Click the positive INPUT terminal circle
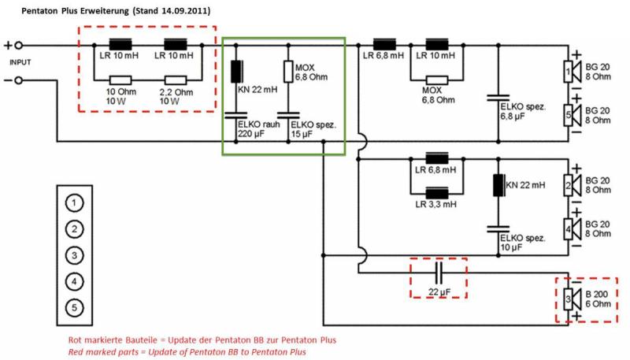point(18,46)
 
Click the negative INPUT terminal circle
point(18,80)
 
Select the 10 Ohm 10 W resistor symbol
point(120,80)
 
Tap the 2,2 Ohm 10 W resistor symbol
point(175,80)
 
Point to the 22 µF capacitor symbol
point(439,273)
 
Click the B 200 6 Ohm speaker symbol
point(573,299)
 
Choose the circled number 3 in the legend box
point(74,255)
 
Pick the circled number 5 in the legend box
point(74,308)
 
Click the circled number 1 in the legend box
point(74,203)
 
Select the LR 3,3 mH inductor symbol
point(437,193)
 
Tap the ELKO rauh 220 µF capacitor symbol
point(235,115)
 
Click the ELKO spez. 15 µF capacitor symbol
point(288,115)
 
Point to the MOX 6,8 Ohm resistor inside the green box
point(288,72)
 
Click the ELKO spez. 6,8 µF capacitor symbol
point(498,98)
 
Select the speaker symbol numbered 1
point(573,72)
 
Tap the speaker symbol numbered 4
point(573,229)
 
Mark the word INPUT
point(20,62)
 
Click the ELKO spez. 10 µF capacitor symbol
point(498,229)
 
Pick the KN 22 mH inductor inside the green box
point(236,72)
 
